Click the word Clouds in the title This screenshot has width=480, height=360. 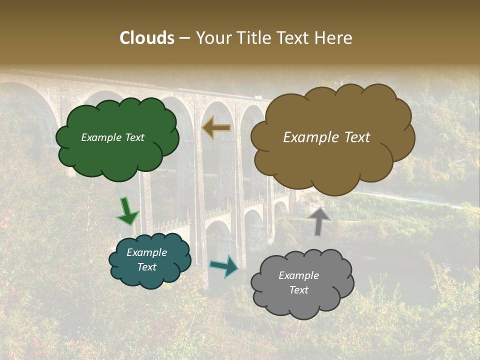point(147,38)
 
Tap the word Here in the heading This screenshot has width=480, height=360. point(333,38)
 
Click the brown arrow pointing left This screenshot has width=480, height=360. point(216,127)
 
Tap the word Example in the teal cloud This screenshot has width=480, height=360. point(146,252)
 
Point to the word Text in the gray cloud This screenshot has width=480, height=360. point(298,290)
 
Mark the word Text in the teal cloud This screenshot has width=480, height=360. point(146,267)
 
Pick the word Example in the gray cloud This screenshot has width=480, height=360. point(298,275)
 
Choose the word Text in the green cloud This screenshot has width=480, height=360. point(134,137)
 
